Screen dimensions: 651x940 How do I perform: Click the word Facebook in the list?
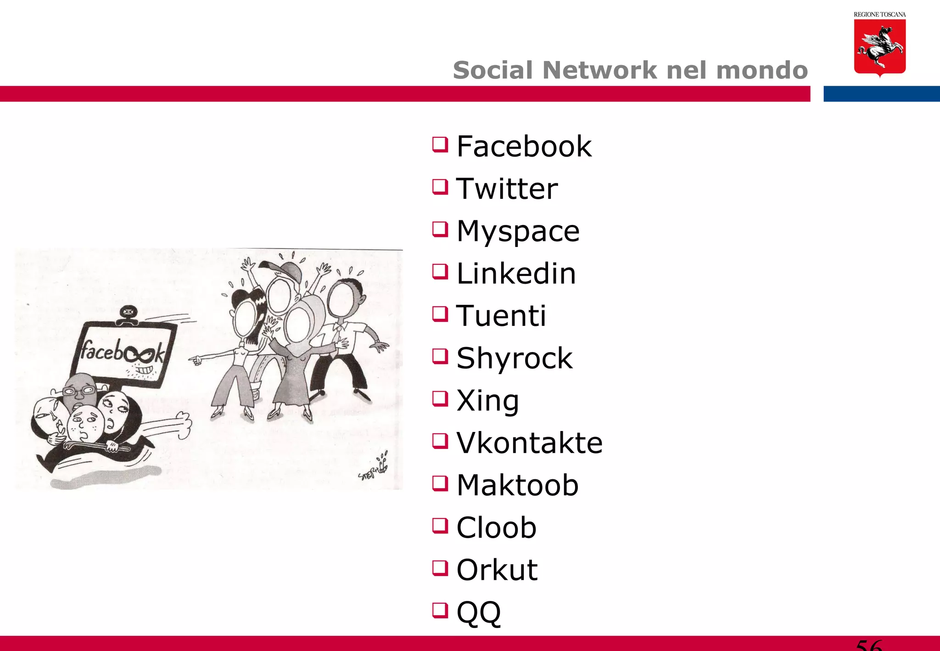point(524,146)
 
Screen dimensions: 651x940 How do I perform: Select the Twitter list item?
point(507,189)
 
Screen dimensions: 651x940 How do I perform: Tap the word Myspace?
point(518,231)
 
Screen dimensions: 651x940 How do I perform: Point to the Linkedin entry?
point(516,274)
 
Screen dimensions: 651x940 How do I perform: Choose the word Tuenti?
point(501,316)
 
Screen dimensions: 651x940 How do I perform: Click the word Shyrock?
point(514,358)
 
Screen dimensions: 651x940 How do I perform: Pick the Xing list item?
point(487,401)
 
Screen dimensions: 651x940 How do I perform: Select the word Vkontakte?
point(529,443)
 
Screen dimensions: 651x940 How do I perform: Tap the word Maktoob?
point(517,485)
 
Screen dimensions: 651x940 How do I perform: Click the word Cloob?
point(496,528)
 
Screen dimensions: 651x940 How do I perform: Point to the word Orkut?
point(497,570)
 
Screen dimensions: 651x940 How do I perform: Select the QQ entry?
point(478,612)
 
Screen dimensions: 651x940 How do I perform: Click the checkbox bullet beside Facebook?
point(440,145)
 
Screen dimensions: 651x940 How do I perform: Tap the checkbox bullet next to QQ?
point(440,611)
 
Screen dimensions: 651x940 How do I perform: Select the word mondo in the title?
point(761,70)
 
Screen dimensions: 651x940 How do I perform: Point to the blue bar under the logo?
point(881,94)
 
